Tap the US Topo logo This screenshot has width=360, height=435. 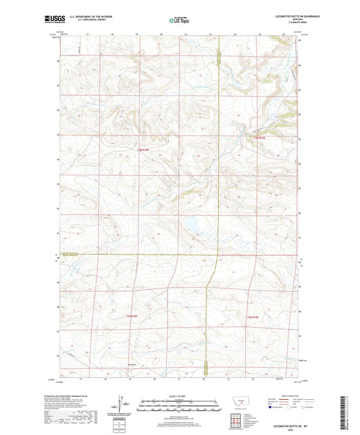pyautogui.click(x=178, y=21)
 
